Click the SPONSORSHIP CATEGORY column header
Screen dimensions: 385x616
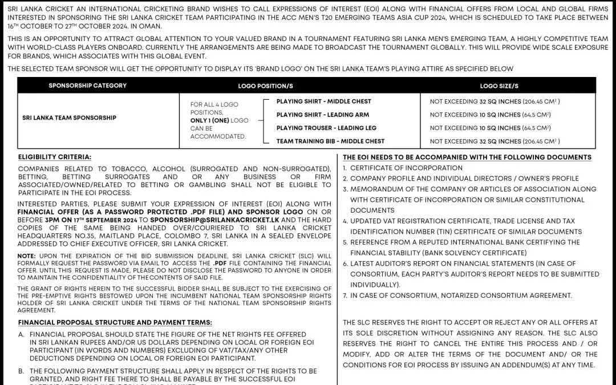click(87, 86)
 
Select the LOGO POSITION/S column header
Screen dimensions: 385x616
click(265, 86)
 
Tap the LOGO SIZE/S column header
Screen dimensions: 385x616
click(499, 86)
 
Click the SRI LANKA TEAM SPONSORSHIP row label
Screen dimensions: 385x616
click(69, 117)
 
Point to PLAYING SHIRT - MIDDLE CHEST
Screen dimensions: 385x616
click(323, 102)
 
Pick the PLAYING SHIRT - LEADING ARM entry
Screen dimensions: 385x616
click(322, 115)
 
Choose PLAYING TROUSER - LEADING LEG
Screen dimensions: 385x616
click(326, 128)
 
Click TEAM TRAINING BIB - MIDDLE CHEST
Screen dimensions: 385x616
click(330, 141)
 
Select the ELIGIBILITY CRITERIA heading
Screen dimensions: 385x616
click(55, 157)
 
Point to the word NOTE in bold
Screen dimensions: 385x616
click(26, 256)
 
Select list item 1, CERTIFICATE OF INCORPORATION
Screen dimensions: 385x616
click(406, 168)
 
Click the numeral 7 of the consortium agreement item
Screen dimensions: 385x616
click(345, 295)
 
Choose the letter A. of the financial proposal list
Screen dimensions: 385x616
click(21, 334)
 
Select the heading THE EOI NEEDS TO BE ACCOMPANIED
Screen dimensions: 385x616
click(467, 157)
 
